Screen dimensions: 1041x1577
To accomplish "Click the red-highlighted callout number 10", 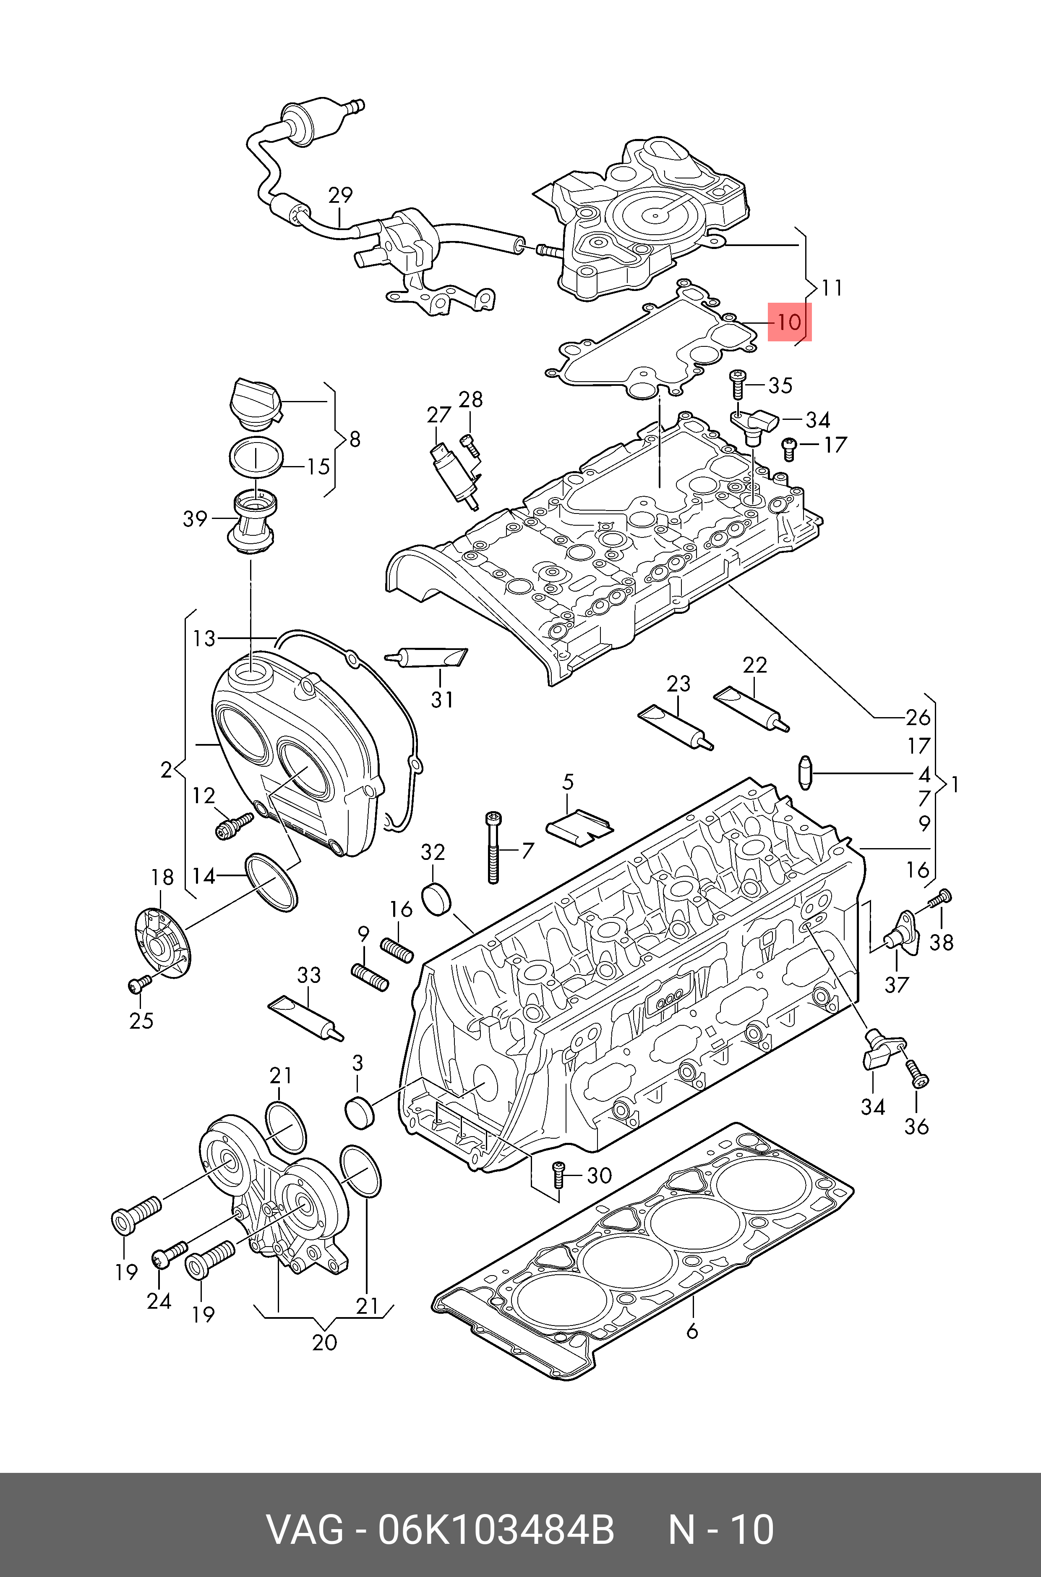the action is click(x=789, y=322).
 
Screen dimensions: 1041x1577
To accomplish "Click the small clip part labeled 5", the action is click(x=579, y=826).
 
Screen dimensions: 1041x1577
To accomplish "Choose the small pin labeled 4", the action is click(x=805, y=773).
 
